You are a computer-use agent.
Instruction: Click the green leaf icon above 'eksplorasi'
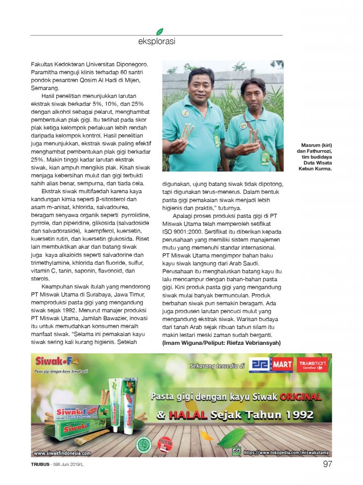coord(160,31)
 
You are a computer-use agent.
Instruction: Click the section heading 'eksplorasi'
coord(156,42)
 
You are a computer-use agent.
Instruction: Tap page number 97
coord(328,464)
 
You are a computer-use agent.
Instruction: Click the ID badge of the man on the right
coord(265,158)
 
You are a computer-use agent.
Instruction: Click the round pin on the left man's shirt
coord(186,113)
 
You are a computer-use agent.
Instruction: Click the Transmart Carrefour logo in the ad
coord(312,365)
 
